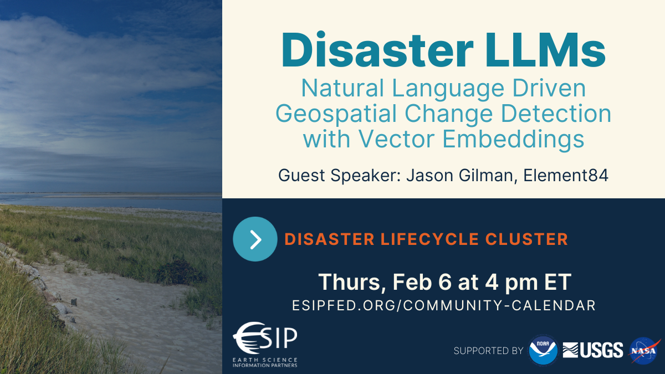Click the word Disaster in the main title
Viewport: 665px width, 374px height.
point(377,50)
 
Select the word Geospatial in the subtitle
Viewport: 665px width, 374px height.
point(336,115)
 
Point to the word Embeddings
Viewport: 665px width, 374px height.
point(513,140)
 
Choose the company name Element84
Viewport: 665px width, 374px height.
point(566,175)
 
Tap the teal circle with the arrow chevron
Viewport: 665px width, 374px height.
point(255,239)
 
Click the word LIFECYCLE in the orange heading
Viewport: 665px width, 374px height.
point(429,239)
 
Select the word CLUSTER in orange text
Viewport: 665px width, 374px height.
point(526,239)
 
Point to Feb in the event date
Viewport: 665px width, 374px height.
point(412,282)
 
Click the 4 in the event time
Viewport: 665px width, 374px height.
point(492,282)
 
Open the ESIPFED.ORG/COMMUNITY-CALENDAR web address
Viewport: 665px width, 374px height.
point(444,305)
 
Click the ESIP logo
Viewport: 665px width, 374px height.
point(265,344)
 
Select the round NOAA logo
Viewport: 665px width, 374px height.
point(543,351)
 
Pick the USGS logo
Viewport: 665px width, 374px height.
point(593,350)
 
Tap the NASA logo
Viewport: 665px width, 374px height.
point(644,351)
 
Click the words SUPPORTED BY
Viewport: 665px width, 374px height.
point(488,351)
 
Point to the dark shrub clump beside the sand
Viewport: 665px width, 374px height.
point(180,272)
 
